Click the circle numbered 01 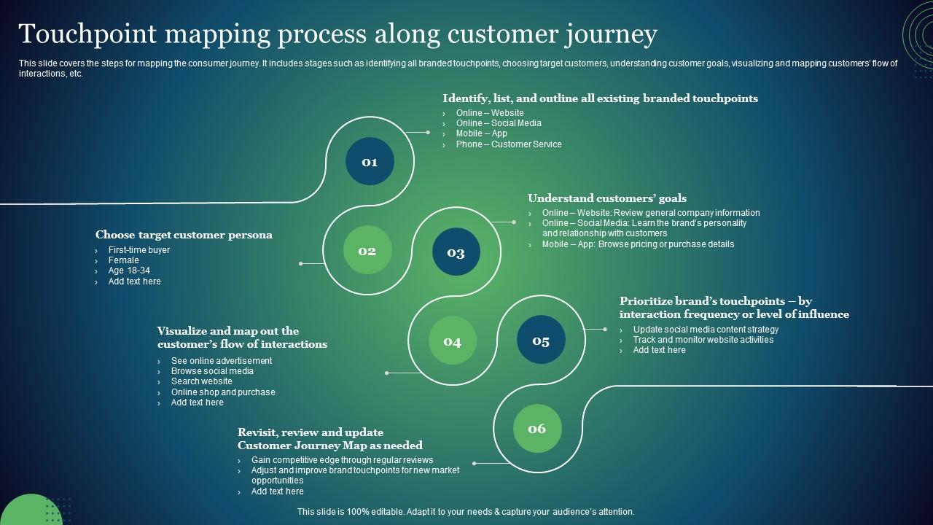370,161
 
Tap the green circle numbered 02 367,251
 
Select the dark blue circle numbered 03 456,252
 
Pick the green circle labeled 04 453,341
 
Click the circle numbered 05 541,341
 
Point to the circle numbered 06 537,429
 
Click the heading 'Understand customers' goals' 606,198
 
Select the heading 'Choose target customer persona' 184,235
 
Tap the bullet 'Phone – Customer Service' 509,144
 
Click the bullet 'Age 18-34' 129,271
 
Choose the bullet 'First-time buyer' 138,250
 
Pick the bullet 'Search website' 201,381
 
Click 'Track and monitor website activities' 703,340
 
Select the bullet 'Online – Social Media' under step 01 499,123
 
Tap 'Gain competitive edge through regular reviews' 342,460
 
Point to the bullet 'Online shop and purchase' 223,392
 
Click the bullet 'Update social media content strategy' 706,330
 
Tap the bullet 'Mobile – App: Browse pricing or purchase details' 638,244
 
